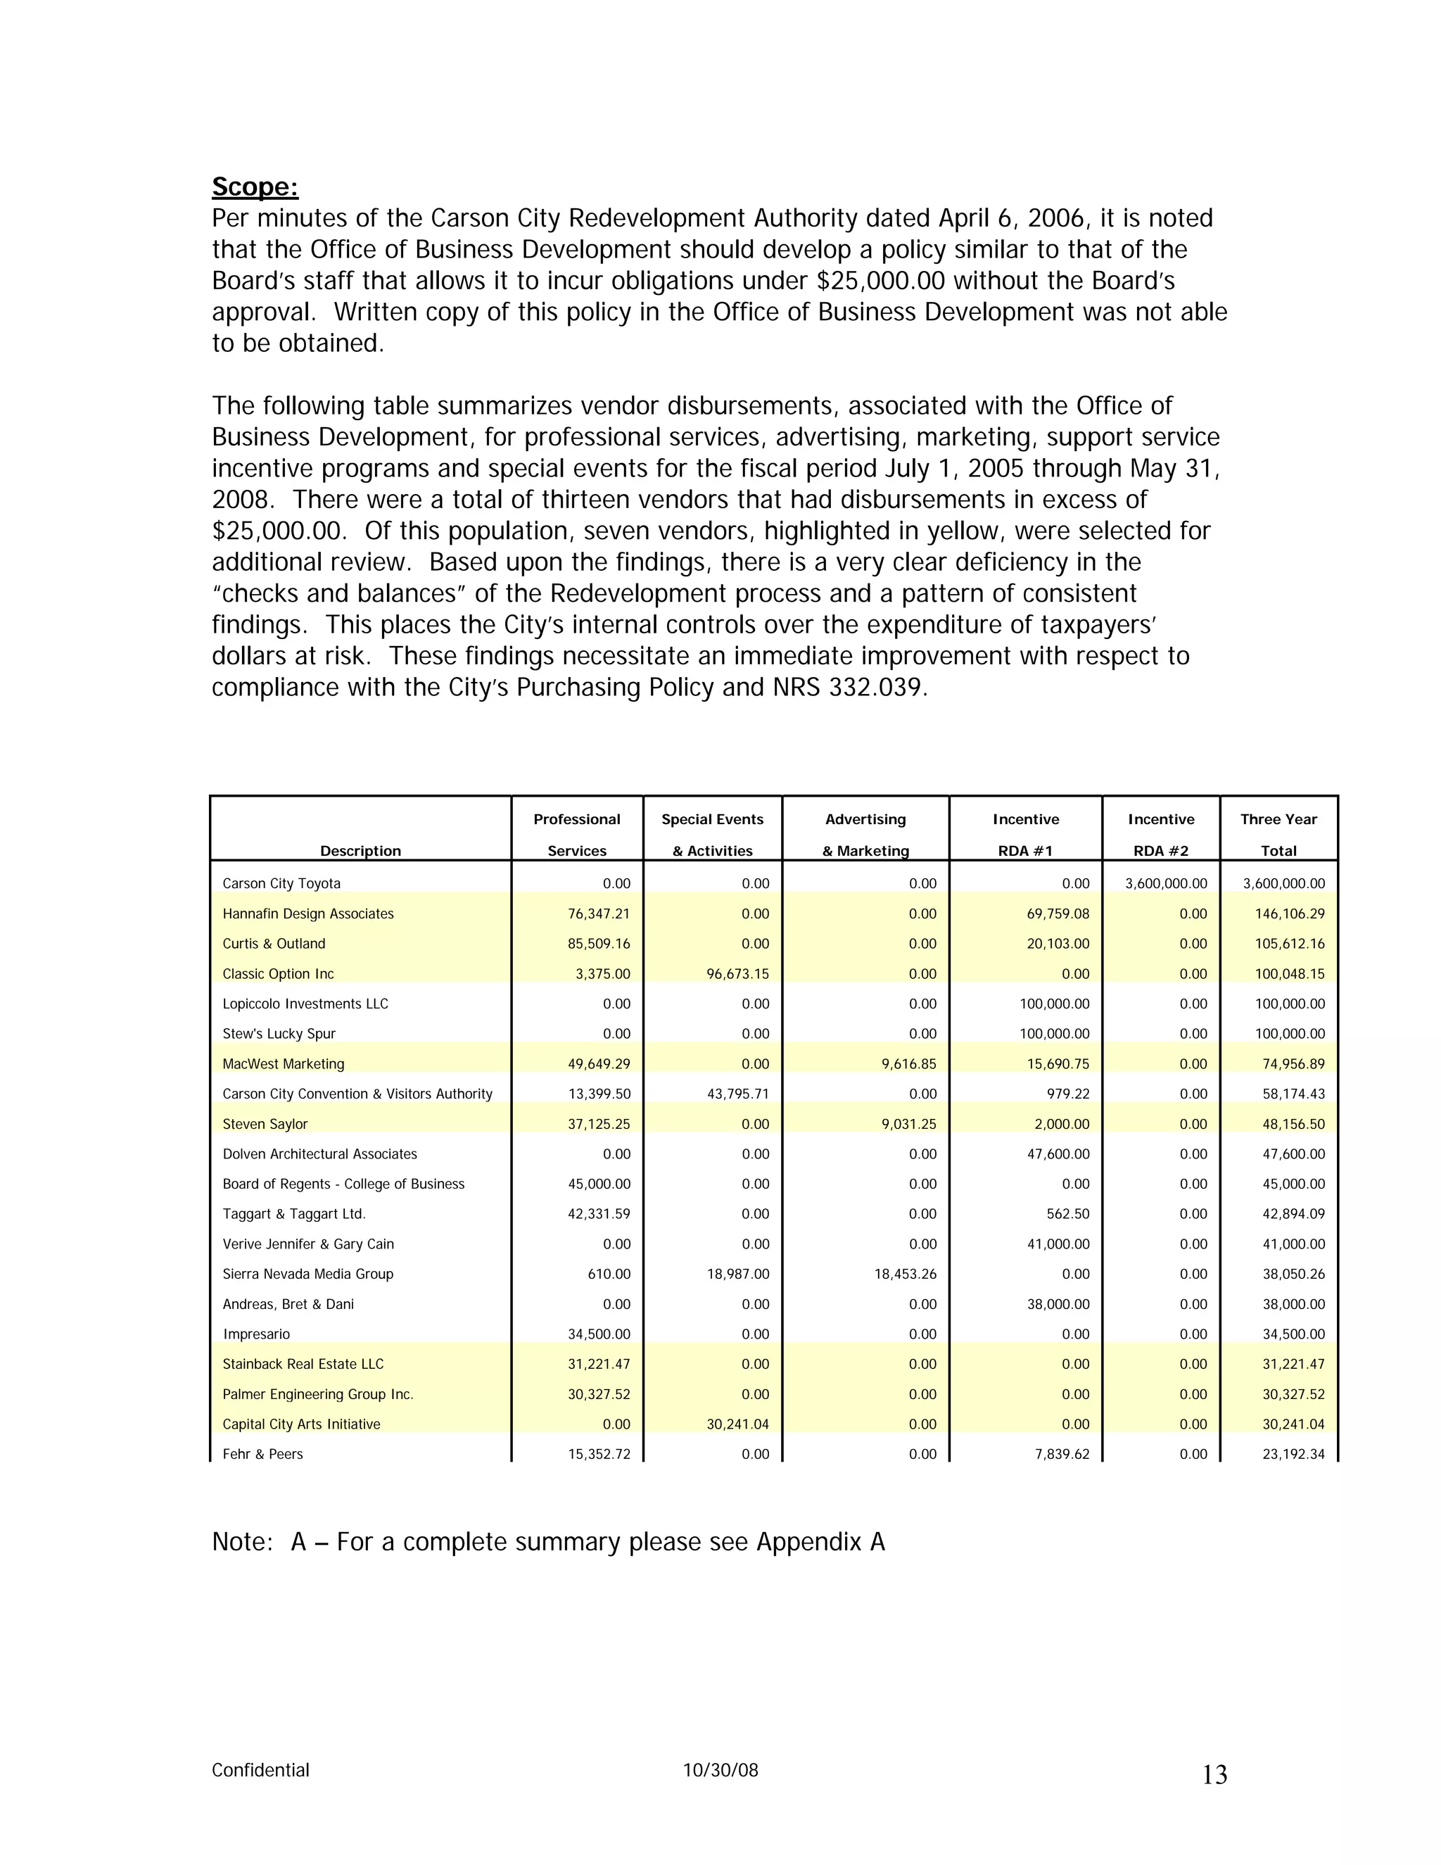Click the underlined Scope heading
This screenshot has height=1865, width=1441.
click(255, 187)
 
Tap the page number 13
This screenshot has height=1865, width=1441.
click(1214, 1776)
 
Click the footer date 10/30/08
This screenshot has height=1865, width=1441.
click(720, 1770)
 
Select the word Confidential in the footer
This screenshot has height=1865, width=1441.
click(260, 1770)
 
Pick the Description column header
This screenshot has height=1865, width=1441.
click(360, 851)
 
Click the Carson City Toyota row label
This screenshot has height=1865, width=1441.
click(281, 883)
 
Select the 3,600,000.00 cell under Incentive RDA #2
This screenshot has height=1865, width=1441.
click(1165, 883)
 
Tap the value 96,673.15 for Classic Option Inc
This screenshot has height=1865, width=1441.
click(737, 973)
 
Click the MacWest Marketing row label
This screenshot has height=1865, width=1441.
click(284, 1064)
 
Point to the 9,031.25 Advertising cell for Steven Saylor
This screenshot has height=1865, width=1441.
click(908, 1124)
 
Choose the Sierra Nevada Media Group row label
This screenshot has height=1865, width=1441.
click(307, 1273)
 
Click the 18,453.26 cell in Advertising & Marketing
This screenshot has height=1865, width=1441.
click(905, 1273)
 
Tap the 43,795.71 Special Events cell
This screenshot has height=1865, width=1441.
click(737, 1094)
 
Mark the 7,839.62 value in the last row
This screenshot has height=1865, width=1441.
click(1061, 1453)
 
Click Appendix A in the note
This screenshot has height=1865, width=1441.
click(820, 1542)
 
